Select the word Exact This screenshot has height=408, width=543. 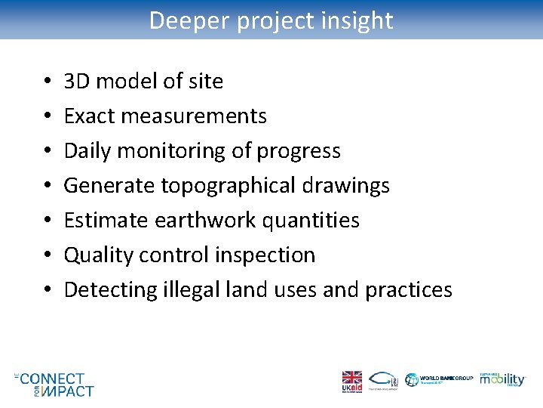click(87, 116)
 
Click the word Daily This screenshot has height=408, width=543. click(84, 150)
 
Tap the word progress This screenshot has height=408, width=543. click(299, 150)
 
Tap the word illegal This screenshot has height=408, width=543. click(189, 289)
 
